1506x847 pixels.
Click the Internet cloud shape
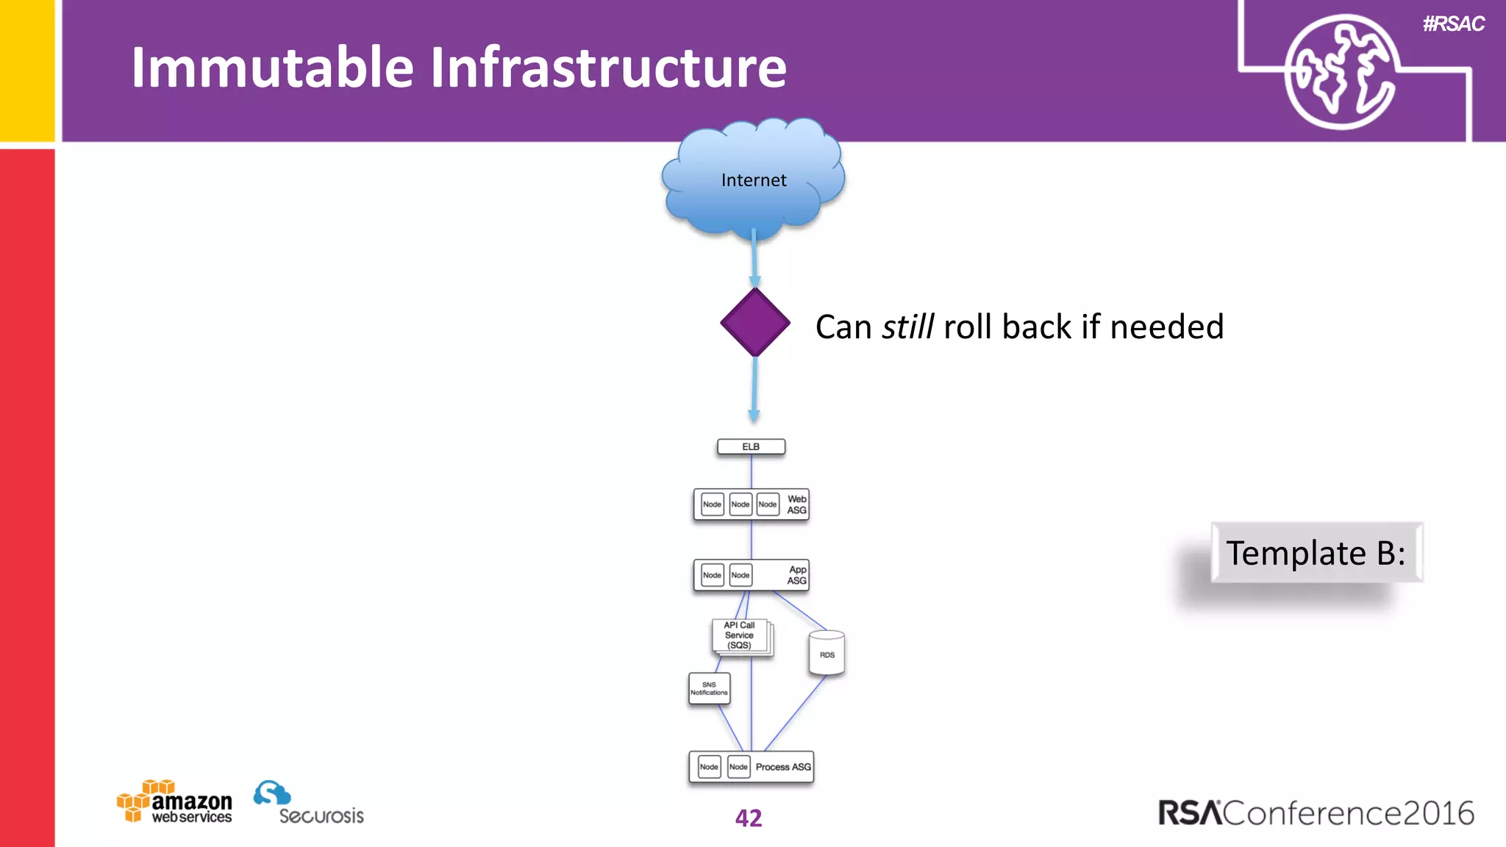(753, 180)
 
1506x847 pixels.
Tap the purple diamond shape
(754, 323)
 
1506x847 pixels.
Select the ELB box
(751, 447)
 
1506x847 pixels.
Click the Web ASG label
(796, 504)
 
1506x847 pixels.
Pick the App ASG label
(796, 575)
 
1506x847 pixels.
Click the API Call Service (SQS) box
(740, 635)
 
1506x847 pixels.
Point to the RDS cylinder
(827, 654)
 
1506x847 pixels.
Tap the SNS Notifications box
(709, 689)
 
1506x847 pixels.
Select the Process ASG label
(783, 767)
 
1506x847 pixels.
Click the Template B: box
(1316, 553)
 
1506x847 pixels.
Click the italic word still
(908, 326)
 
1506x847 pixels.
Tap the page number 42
(749, 818)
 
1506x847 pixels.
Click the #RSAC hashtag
(1453, 24)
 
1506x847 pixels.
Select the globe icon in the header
(1340, 71)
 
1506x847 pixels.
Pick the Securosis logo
(309, 804)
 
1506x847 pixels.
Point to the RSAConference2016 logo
(1316, 813)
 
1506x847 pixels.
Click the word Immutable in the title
(272, 68)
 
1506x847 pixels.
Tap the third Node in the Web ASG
(767, 504)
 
